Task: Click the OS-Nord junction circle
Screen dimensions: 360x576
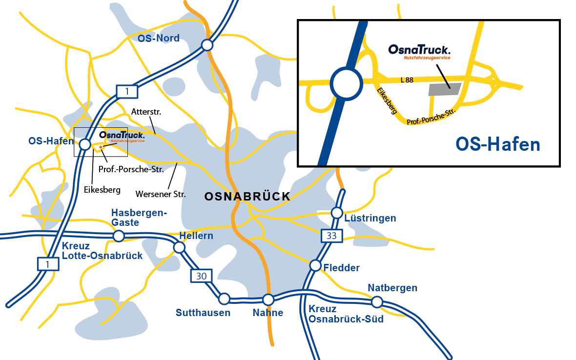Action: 207,45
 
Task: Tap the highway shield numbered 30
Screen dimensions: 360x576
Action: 202,276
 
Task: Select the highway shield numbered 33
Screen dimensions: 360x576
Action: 332,236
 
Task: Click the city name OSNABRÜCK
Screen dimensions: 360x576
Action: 247,197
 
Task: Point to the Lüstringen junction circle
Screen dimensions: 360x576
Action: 337,213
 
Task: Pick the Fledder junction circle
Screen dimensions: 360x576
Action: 315,265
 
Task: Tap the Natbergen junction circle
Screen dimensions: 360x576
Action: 376,302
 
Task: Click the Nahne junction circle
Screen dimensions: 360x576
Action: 268,299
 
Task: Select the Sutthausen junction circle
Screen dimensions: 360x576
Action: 224,298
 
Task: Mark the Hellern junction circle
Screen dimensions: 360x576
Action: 179,247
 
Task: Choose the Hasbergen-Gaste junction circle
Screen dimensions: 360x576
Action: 118,236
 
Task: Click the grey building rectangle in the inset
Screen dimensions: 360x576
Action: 444,89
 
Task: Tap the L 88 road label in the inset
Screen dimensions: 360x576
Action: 406,80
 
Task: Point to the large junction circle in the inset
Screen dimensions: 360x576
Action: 347,83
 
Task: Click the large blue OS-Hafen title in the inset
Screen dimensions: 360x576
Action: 497,144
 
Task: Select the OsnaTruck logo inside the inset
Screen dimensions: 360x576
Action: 419,51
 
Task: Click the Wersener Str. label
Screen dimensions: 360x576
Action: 162,194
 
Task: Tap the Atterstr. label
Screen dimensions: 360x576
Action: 146,112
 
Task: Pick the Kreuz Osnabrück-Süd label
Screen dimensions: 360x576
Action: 346,314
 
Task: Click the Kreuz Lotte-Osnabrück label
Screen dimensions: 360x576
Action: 102,251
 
